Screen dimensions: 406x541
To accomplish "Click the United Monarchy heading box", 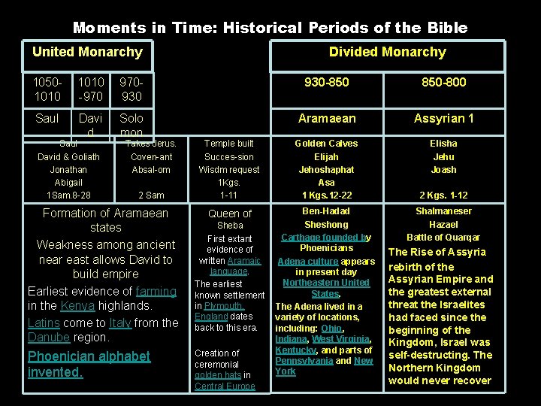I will (x=87, y=53).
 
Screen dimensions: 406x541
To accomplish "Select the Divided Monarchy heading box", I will (x=387, y=53).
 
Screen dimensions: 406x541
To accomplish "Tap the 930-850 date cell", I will (x=325, y=82).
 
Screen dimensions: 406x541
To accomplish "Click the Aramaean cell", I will (x=326, y=118).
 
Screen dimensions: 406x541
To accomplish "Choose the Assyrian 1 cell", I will (x=443, y=118).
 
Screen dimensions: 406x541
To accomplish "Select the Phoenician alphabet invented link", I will (x=89, y=364).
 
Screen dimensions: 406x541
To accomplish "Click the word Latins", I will (x=44, y=323).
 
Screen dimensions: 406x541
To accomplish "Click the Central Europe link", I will (x=225, y=386).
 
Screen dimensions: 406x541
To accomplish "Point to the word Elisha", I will (x=443, y=144).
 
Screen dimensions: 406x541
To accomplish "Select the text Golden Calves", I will (x=326, y=144).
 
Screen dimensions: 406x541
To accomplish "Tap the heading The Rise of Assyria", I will (x=437, y=253).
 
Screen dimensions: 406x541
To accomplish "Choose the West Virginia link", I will (x=343, y=339).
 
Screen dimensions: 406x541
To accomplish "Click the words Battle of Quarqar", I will (x=443, y=238).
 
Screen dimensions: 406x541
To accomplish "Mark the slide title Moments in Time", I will (x=270, y=28).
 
